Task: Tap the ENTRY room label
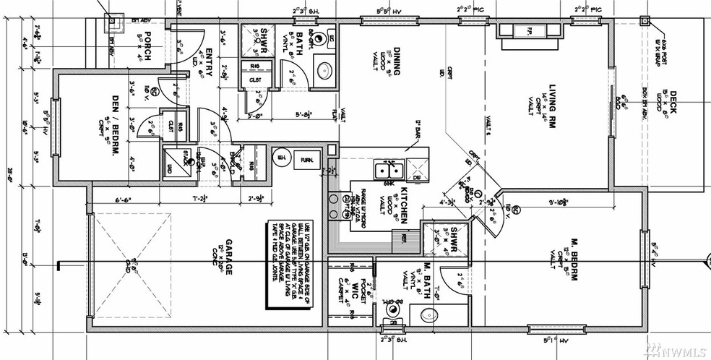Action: point(209,53)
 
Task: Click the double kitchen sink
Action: point(389,171)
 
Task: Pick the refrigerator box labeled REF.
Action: point(401,238)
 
